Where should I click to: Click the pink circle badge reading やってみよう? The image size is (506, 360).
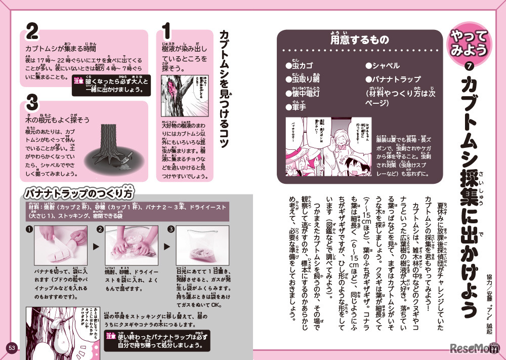pos(469,43)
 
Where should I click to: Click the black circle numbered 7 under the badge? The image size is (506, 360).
pos(469,66)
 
